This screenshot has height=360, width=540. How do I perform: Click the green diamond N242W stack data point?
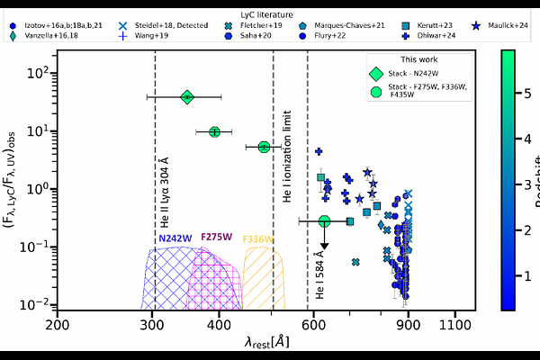pos(187,96)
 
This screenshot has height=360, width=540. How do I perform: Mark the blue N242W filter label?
pos(175,238)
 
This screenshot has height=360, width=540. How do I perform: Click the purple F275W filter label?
pos(217,238)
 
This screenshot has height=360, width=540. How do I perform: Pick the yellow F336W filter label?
pos(258,238)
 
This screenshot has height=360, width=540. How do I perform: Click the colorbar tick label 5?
pos(514,90)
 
